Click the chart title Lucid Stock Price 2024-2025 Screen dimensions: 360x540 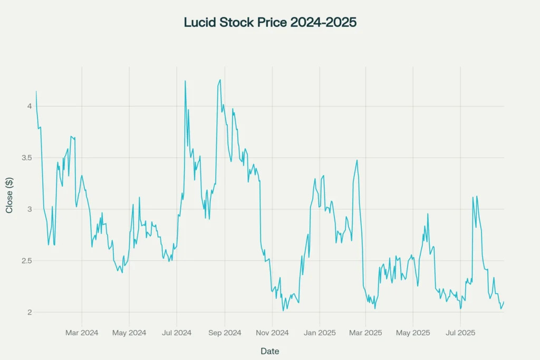pyautogui.click(x=270, y=23)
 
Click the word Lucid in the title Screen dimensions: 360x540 pyautogui.click(x=198, y=23)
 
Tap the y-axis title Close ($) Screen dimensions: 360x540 pyautogui.click(x=9, y=196)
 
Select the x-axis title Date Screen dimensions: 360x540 pyautogui.click(x=269, y=351)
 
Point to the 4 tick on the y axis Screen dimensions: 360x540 pyautogui.click(x=30, y=106)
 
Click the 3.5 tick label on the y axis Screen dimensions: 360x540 pyautogui.click(x=26, y=158)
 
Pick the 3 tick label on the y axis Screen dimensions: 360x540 pyautogui.click(x=30, y=209)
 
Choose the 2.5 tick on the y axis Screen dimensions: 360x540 pyautogui.click(x=26, y=261)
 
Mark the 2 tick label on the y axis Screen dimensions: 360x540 pyautogui.click(x=30, y=312)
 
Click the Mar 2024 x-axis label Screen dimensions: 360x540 pyautogui.click(x=82, y=333)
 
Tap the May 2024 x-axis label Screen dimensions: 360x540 pyautogui.click(x=129, y=333)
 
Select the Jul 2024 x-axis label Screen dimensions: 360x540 pyautogui.click(x=177, y=333)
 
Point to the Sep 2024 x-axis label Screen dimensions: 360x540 pyautogui.click(x=225, y=333)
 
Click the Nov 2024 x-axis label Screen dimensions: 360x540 pyautogui.click(x=272, y=333)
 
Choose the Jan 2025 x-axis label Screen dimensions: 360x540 pyautogui.click(x=320, y=333)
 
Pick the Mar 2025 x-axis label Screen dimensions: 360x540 pyautogui.click(x=365, y=333)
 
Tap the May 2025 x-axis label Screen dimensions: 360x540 pyautogui.click(x=413, y=333)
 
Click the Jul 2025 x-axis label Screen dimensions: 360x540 pyautogui.click(x=460, y=333)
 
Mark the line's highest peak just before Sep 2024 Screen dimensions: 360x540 pyautogui.click(x=220, y=80)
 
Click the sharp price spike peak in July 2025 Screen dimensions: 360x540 pyautogui.click(x=473, y=197)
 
